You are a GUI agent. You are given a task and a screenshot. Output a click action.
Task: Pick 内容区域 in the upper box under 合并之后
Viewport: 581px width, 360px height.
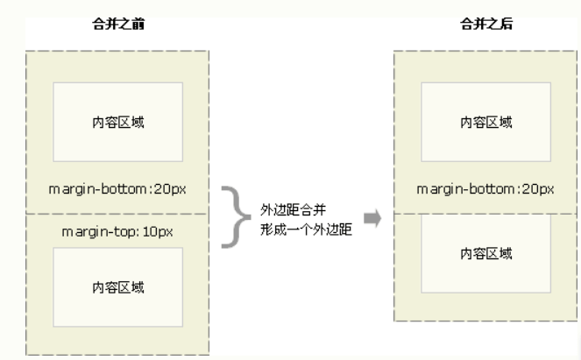coord(486,121)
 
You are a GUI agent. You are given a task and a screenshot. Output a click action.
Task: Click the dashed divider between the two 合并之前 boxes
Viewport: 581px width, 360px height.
coord(117,213)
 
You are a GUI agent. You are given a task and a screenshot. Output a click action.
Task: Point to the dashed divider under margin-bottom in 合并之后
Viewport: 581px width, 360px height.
coord(486,213)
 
